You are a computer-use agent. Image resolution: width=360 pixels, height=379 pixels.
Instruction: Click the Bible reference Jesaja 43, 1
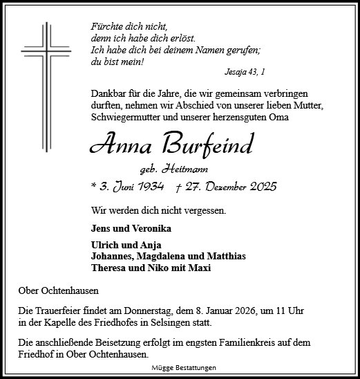245,72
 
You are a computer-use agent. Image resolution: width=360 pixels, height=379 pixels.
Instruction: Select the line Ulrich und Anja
119,246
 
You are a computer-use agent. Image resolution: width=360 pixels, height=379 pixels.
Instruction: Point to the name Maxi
198,268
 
